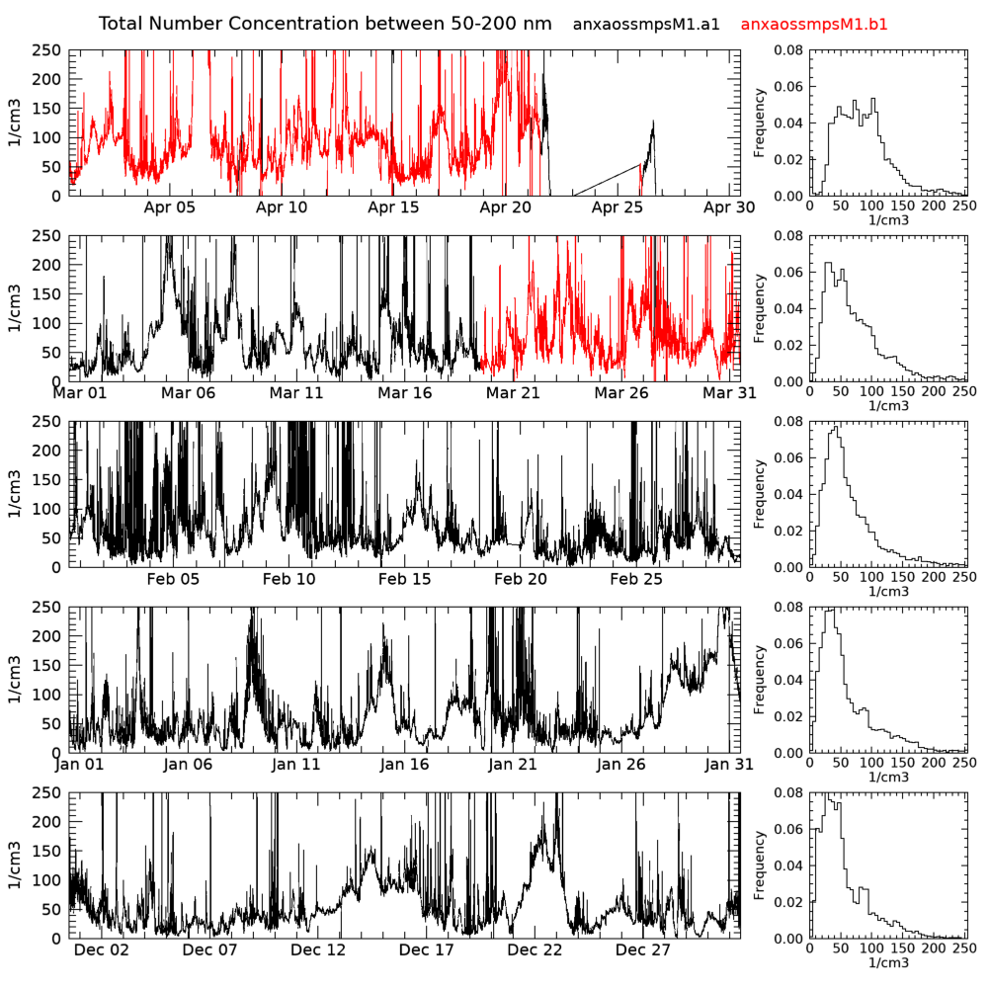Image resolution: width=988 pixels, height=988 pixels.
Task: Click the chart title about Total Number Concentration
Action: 326,23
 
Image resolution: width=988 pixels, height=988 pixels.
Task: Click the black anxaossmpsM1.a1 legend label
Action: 646,24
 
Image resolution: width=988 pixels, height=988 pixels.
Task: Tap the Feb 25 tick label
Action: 636,579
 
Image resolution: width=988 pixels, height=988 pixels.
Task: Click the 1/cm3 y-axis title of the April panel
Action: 16,123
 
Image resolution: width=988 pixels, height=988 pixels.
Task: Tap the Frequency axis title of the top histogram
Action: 760,123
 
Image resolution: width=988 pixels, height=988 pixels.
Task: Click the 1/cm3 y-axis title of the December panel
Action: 16,864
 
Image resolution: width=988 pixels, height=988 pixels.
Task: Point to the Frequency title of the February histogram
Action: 760,494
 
